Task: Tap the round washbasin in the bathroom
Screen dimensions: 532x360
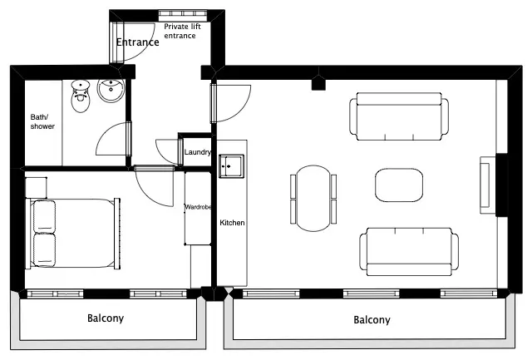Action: click(111, 91)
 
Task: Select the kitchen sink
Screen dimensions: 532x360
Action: click(231, 166)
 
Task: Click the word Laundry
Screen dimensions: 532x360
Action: click(198, 152)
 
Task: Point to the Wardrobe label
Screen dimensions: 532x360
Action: click(198, 207)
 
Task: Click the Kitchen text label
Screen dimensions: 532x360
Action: click(232, 223)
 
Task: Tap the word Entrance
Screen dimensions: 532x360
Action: click(137, 42)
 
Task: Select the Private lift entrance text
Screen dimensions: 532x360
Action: click(182, 31)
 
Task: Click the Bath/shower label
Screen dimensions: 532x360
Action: click(42, 121)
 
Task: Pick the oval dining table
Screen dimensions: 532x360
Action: click(313, 199)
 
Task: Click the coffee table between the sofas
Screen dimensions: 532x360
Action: click(399, 185)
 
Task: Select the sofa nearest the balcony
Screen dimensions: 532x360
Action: click(409, 252)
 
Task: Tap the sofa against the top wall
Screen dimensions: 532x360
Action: click(399, 116)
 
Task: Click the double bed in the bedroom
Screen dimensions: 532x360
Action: click(73, 234)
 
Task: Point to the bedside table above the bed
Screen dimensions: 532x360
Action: click(36, 187)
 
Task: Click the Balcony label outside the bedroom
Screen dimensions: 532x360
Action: click(106, 318)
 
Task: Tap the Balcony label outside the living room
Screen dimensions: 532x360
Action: click(372, 319)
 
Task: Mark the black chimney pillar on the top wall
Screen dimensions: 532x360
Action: click(318, 84)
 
